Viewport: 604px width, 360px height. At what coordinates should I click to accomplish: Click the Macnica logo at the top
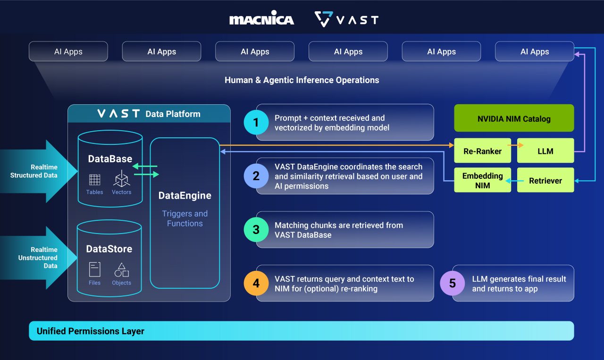[x=261, y=19]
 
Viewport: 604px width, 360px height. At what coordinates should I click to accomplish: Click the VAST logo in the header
[x=346, y=19]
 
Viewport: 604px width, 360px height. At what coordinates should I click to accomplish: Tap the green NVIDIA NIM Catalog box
[x=514, y=118]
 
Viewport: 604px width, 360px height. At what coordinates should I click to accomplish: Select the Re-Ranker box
[x=482, y=151]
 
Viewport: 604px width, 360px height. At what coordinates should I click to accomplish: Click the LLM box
[x=545, y=151]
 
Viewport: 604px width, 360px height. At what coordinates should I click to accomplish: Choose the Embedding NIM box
[x=482, y=180]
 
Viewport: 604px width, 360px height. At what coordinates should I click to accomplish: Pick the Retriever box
[x=545, y=180]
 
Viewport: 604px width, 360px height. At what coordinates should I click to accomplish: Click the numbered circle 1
[x=256, y=123]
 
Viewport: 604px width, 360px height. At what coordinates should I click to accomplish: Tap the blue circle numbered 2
[x=256, y=176]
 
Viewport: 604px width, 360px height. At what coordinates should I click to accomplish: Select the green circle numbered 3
[x=256, y=230]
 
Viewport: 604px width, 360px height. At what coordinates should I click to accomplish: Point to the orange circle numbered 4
[x=256, y=283]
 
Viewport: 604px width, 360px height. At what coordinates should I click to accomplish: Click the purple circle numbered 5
[x=452, y=283]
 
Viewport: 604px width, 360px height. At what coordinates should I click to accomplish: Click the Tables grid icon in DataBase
[x=94, y=179]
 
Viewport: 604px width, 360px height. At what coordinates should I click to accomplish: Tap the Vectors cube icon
[x=121, y=179]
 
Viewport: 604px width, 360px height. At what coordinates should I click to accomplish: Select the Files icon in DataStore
[x=94, y=269]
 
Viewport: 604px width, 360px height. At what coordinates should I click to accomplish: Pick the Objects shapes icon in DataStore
[x=121, y=270]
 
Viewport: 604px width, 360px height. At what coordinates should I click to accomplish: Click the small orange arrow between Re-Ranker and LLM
[x=514, y=145]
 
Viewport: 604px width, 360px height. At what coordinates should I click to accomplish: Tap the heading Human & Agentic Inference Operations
[x=302, y=80]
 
